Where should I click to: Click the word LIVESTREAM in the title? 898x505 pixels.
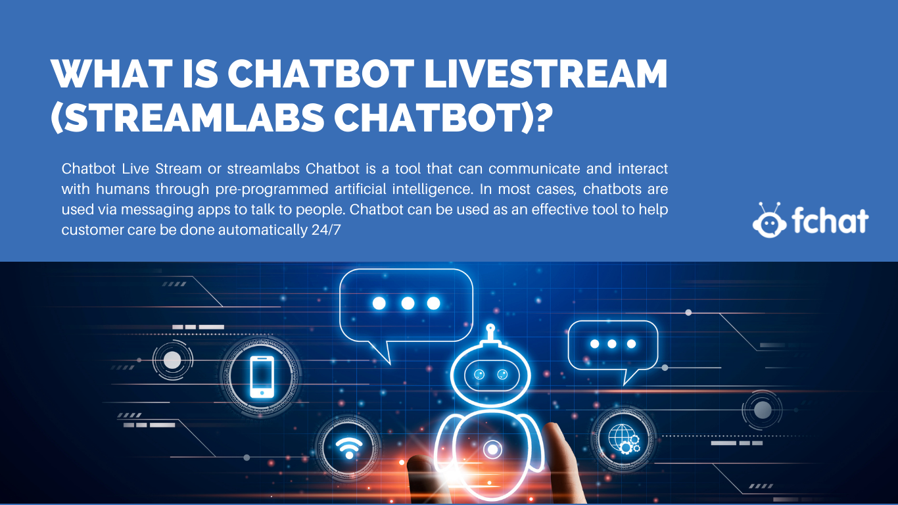tap(546, 74)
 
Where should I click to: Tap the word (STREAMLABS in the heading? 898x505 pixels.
tap(187, 117)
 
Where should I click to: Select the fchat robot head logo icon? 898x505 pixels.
tap(769, 220)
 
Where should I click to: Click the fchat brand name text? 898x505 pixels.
tap(830, 220)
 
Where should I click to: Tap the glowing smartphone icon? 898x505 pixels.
tap(262, 377)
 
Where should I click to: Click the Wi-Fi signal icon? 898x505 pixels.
tap(349, 448)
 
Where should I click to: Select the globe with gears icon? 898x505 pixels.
tap(623, 439)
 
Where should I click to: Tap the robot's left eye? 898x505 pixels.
tap(479, 375)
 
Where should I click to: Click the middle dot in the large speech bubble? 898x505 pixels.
tap(408, 303)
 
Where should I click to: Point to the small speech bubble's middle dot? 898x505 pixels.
tap(612, 344)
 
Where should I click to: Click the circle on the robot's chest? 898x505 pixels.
tap(492, 449)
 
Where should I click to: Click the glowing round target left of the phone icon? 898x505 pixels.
tap(172, 360)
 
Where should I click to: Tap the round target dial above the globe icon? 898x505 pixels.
tap(763, 410)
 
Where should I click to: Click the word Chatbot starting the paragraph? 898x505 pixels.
tap(89, 168)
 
